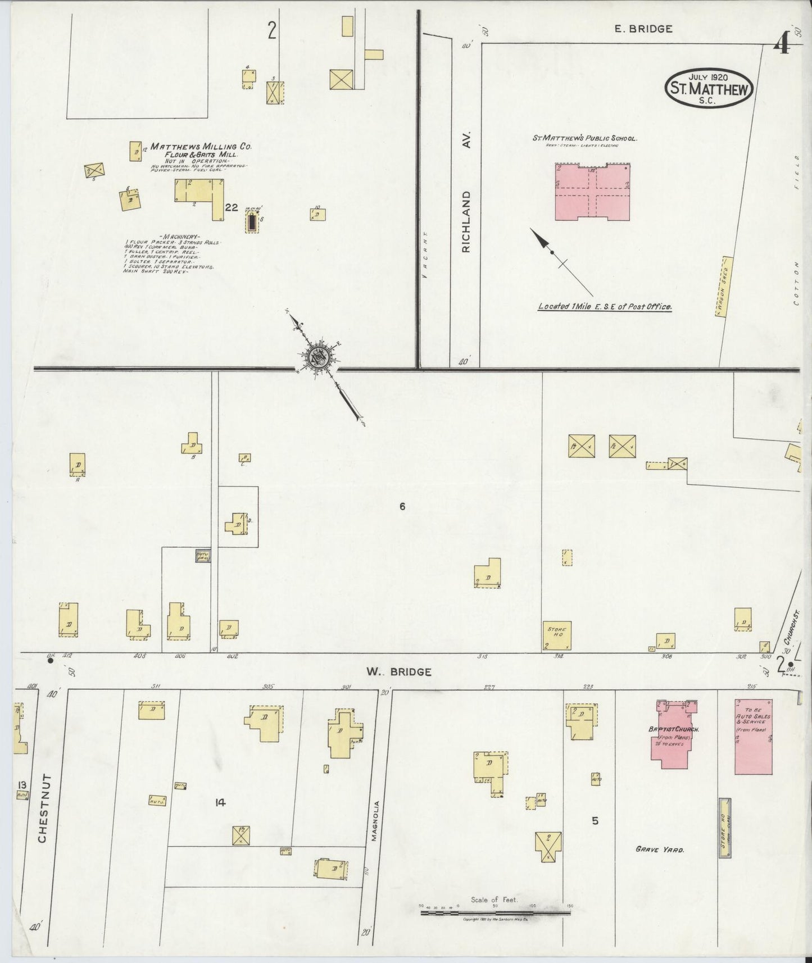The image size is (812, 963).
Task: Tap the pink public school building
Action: pyautogui.click(x=592, y=193)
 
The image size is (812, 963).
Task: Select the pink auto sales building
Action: pyautogui.click(x=753, y=736)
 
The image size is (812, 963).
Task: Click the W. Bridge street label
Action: pyautogui.click(x=398, y=671)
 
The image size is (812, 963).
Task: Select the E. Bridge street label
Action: pyautogui.click(x=643, y=29)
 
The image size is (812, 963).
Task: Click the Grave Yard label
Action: pyautogui.click(x=660, y=850)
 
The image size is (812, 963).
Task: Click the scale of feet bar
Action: pyautogui.click(x=496, y=914)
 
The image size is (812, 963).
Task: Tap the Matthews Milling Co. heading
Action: pyautogui.click(x=201, y=147)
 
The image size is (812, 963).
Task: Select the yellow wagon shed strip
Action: pyautogui.click(x=725, y=287)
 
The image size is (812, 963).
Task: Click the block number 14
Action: pyautogui.click(x=220, y=803)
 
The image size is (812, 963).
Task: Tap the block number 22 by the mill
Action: pyautogui.click(x=231, y=207)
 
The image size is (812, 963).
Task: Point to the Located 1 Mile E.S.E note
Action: pyautogui.click(x=605, y=307)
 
